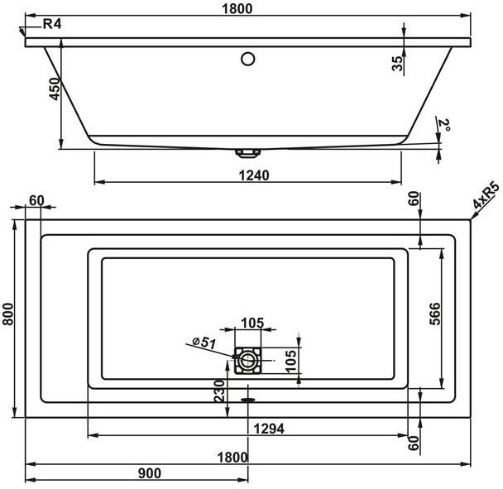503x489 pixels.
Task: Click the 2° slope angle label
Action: pos(444,126)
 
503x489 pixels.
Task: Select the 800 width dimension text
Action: pos(9,313)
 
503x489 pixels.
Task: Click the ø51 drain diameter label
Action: pos(204,342)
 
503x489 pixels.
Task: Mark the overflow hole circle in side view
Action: pos(247,59)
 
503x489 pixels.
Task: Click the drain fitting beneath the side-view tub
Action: pos(247,152)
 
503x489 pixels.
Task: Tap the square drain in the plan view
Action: pos(247,362)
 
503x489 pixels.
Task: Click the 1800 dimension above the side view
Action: pos(237,8)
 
